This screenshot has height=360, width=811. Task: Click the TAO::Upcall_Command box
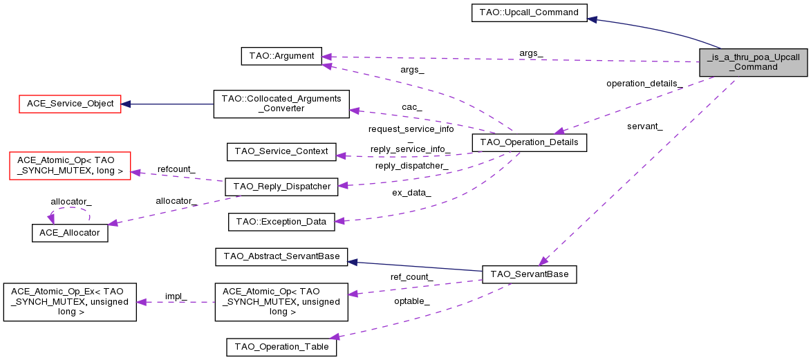tap(529, 12)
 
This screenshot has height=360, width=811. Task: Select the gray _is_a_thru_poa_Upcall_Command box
tap(753, 62)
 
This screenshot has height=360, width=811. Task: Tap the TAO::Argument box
tap(281, 56)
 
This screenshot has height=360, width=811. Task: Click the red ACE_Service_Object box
tap(69, 104)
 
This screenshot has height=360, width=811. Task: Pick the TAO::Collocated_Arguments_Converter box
tap(281, 104)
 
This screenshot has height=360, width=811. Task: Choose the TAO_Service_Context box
tap(281, 151)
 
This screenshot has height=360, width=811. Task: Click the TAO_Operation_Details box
tap(529, 142)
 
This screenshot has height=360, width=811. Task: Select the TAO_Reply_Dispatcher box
tap(281, 186)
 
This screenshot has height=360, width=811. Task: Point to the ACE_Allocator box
tap(70, 233)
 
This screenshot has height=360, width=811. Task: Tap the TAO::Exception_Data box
tap(281, 222)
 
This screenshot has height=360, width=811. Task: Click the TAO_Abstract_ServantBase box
tap(281, 257)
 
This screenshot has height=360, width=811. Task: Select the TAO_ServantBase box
tap(529, 274)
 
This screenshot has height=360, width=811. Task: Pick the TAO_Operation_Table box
tap(281, 347)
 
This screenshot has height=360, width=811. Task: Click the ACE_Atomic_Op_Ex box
tap(69, 302)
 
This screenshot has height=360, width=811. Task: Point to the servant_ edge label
tap(645, 126)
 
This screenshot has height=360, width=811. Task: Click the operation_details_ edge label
tap(644, 84)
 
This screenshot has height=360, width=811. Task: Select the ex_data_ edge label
tap(411, 193)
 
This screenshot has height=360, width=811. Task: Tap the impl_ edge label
tap(176, 296)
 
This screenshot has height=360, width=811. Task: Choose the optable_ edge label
tap(412, 301)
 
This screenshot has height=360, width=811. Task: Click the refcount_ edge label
tap(176, 169)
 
